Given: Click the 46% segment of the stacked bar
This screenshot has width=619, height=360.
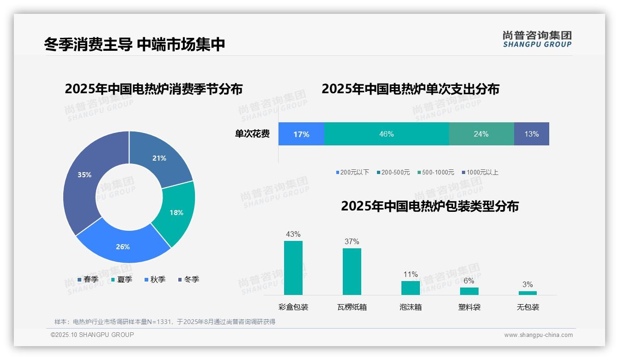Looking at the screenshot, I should click(386, 134).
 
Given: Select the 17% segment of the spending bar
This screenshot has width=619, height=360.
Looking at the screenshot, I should click(301, 134).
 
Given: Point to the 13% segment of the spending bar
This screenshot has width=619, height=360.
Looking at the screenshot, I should click(531, 134).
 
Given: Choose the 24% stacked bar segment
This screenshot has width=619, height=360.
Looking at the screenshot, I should click(481, 134).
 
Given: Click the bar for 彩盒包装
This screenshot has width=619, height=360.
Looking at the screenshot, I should click(293, 268).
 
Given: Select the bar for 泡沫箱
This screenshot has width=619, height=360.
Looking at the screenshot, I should click(411, 288).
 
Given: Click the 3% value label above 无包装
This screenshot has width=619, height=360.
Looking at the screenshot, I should click(528, 284).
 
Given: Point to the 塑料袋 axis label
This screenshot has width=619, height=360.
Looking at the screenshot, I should click(469, 307).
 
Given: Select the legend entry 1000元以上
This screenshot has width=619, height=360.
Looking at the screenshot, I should click(482, 172).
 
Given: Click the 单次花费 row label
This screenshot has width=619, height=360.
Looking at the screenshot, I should click(252, 134).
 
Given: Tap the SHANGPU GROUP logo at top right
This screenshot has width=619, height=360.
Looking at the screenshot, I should click(537, 39).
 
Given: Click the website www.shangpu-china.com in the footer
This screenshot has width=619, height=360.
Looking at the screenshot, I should click(538, 335).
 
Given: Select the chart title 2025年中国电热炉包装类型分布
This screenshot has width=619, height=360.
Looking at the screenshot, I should click(430, 206).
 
